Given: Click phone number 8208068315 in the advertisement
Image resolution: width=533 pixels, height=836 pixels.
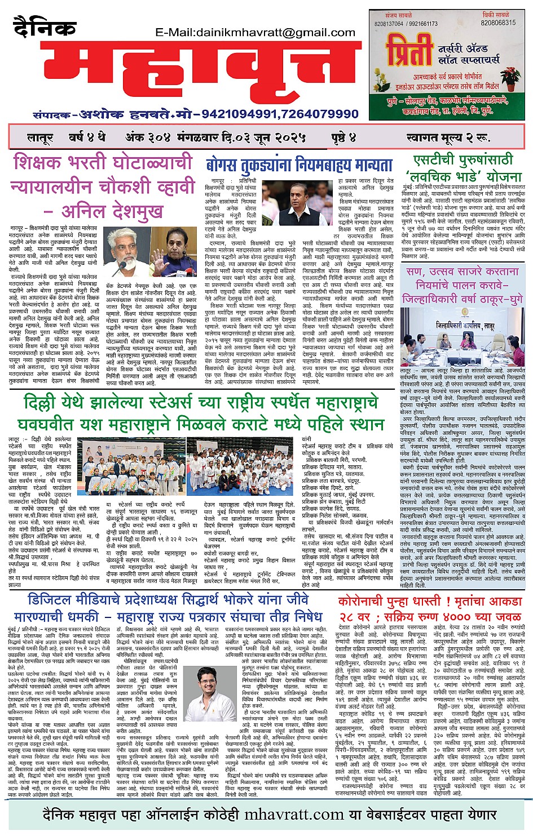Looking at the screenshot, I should coord(498,23).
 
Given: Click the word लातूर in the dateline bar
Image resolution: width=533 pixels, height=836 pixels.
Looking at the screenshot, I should coord(39,137).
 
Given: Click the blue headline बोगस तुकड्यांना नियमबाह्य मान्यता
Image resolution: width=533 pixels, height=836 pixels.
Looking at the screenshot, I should coord(299,165).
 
